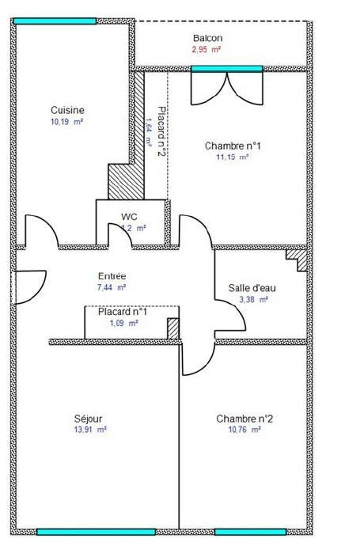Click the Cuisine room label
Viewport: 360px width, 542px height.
[67, 110]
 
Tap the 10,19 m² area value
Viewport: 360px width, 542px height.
[67, 122]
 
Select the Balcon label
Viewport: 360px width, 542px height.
[207, 38]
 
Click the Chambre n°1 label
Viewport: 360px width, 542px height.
[233, 146]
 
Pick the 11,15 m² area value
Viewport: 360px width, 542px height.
[233, 157]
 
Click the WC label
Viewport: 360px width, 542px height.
[130, 216]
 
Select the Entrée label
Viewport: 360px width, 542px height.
[112, 276]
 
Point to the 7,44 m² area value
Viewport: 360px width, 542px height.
[112, 288]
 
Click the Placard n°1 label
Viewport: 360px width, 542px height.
[123, 312]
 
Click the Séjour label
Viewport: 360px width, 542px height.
[88, 419]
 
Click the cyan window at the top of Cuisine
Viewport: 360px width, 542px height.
[54, 21]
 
